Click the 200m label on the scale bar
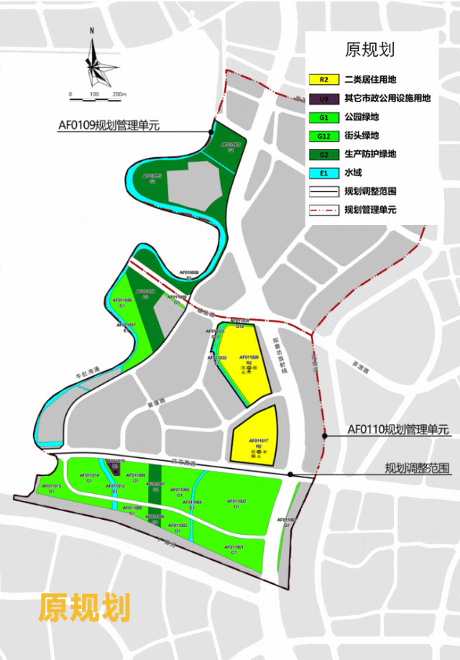(x=119, y=95)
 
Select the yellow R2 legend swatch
(x=324, y=80)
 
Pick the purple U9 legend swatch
(x=324, y=98)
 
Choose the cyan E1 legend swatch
(x=324, y=173)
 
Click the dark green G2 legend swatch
(x=324, y=155)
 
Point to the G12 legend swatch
(x=324, y=136)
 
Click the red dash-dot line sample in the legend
(x=324, y=211)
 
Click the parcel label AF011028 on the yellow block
(x=249, y=357)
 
